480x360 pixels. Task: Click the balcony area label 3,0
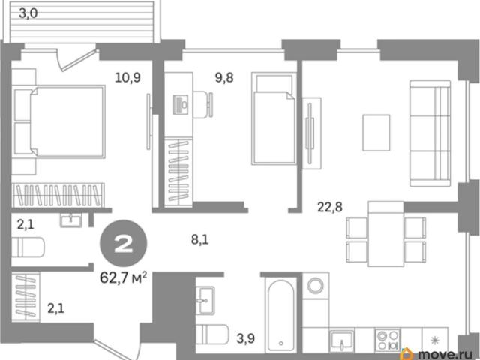coord(28,13)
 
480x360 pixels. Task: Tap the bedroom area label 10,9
coord(128,77)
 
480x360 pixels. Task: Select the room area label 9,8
coord(224,78)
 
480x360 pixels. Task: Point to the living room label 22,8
coord(330,207)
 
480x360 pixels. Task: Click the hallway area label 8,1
coord(200,239)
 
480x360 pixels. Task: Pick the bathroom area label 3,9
coord(246,338)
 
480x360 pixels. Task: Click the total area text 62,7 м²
coord(123,278)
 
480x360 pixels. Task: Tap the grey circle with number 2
coord(124,244)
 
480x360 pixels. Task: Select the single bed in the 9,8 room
coord(274,118)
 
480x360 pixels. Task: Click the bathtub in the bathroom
coord(281,314)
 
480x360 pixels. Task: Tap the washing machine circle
coord(316,286)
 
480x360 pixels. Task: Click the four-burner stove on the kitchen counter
coord(388,340)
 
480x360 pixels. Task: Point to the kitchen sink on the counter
coord(342,340)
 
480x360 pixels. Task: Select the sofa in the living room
coord(430,133)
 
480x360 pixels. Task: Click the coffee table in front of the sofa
coord(376,133)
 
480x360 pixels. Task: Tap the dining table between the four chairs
coord(386,234)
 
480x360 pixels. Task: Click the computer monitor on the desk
coord(181,105)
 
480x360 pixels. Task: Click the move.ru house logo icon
coord(408,353)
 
